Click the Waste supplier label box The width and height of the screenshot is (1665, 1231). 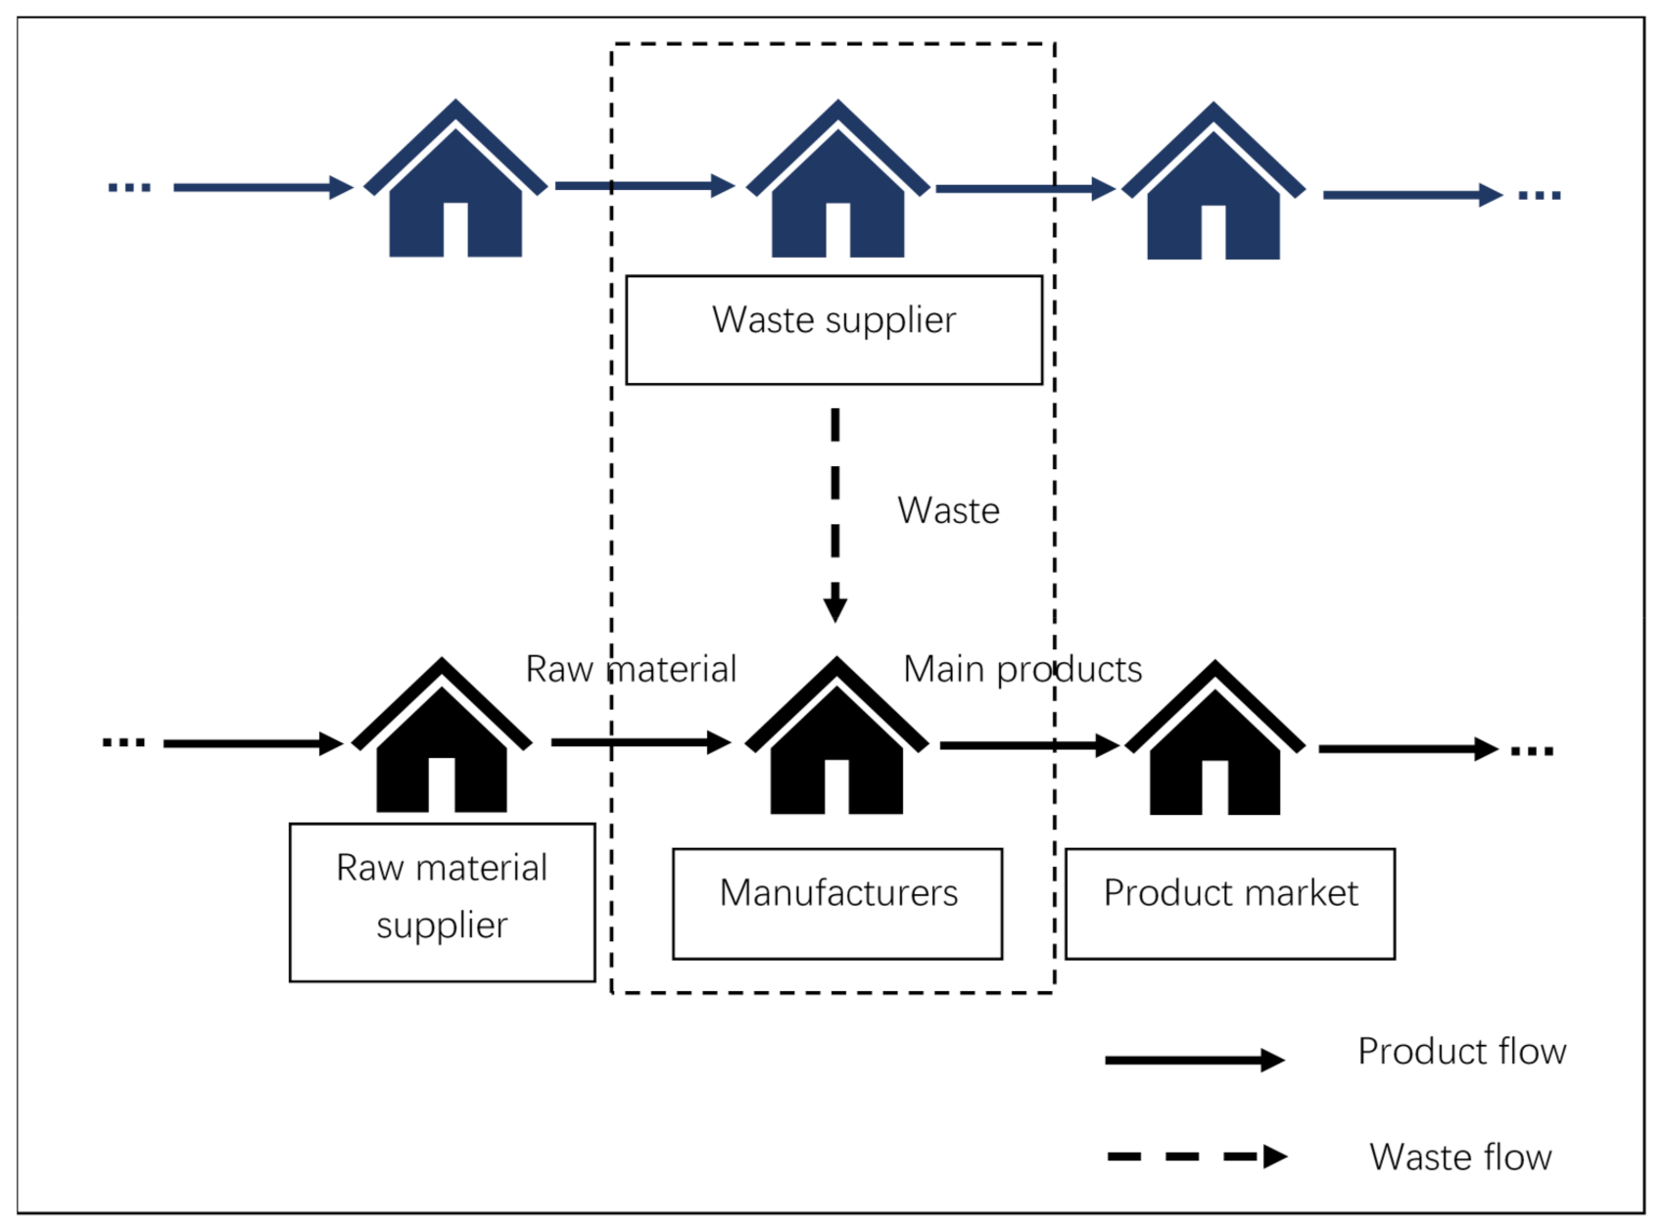coord(833,330)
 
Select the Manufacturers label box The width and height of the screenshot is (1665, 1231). coord(837,903)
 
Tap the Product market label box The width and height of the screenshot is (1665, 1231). coord(1229,903)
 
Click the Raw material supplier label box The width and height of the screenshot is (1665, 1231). coord(442,902)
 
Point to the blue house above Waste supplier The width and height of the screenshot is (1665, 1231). coord(837,186)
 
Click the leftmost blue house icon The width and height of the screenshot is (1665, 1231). coord(455,186)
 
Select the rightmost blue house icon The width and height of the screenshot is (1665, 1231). coord(1213,188)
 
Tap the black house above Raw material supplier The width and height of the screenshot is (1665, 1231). coord(442,742)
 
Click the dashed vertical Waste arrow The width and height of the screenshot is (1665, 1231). coord(834,514)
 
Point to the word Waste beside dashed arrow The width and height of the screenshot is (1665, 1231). coord(948,511)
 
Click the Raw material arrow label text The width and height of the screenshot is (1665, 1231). coord(631,670)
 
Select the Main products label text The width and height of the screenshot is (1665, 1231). coord(1023,670)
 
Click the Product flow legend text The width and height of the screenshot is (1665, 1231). coord(1461,1052)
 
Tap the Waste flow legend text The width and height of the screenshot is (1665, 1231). coord(1460,1158)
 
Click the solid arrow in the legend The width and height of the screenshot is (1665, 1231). coord(1193,1060)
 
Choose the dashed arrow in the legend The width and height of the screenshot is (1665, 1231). coord(1195,1157)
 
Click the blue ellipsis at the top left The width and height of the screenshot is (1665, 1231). coord(129,187)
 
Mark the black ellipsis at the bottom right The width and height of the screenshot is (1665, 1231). coord(1532,751)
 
